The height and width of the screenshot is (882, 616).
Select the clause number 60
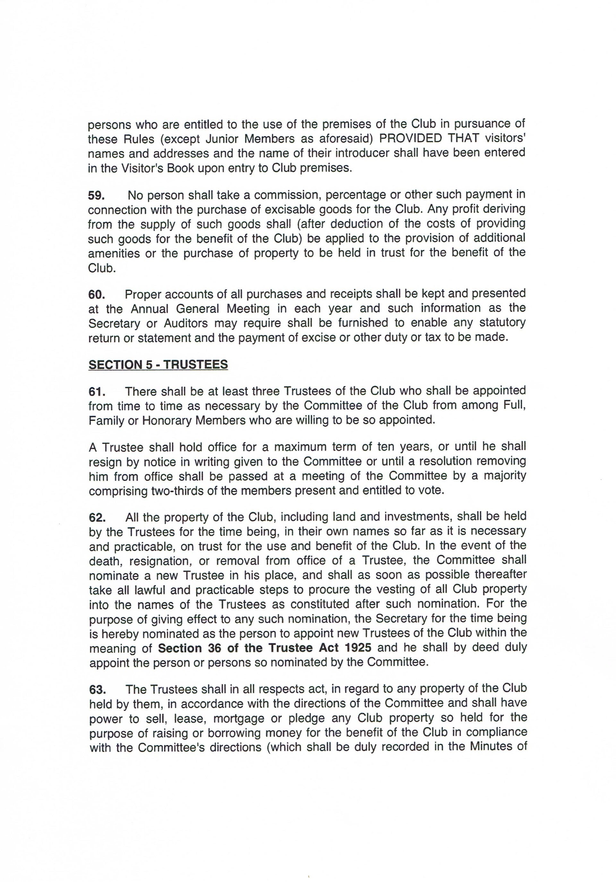(96, 294)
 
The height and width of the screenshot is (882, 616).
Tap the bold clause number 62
(97, 518)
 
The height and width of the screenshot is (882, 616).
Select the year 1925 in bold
(358, 648)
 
